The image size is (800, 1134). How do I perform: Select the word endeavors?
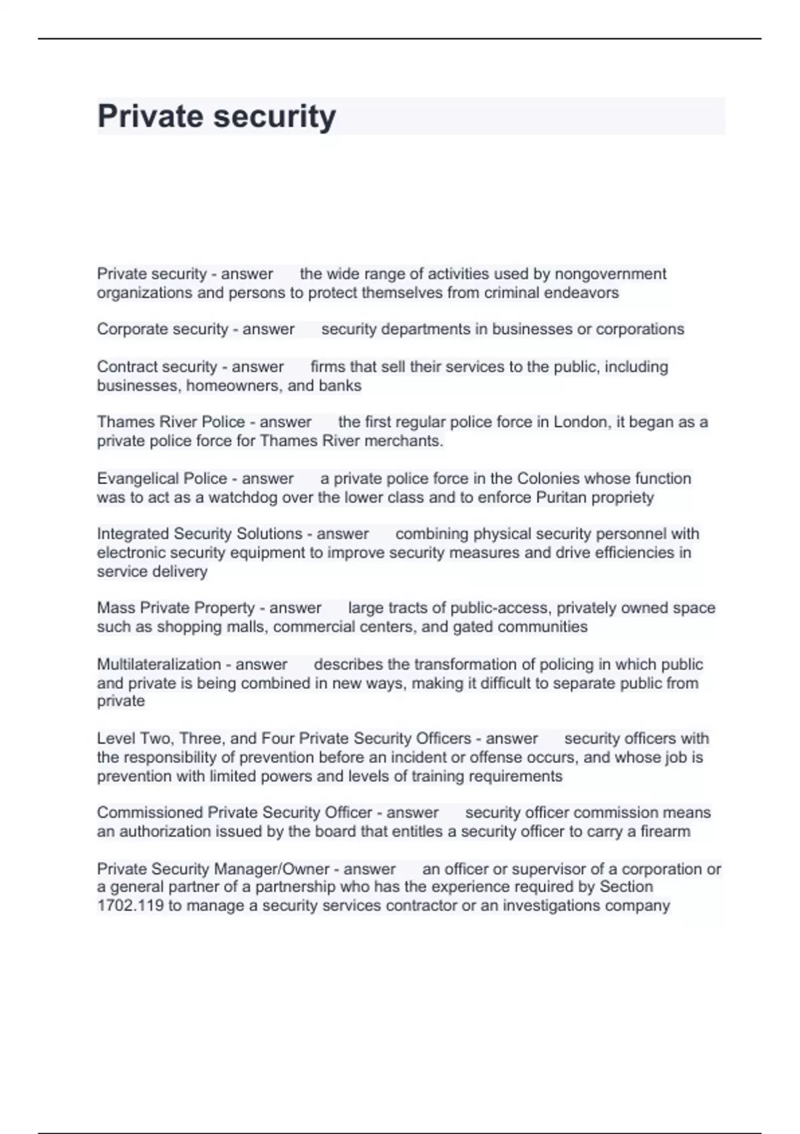pyautogui.click(x=581, y=293)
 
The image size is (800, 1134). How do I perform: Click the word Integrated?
pyautogui.click(x=133, y=534)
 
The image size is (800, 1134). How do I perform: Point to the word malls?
pyautogui.click(x=248, y=627)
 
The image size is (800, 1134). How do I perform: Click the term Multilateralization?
pyautogui.click(x=159, y=664)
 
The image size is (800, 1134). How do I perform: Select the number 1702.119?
pyautogui.click(x=130, y=906)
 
